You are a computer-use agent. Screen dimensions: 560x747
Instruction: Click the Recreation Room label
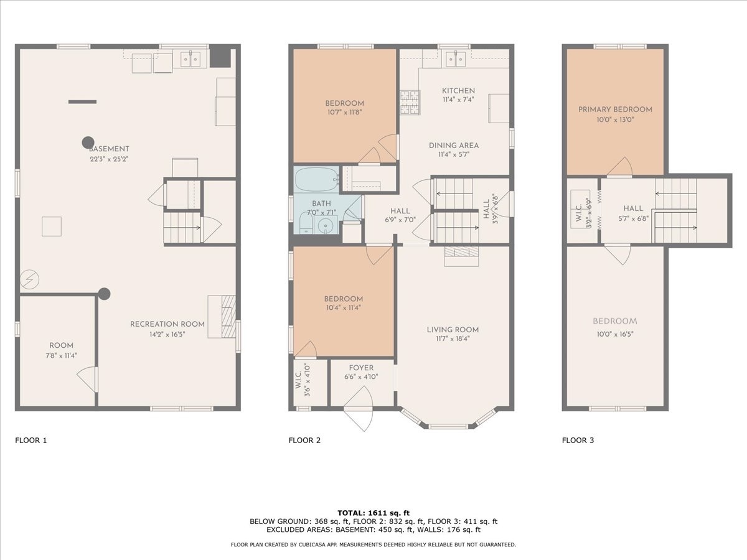click(x=167, y=324)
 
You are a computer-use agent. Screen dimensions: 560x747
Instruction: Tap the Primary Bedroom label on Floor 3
click(x=615, y=110)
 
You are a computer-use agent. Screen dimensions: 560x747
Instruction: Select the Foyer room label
click(x=361, y=368)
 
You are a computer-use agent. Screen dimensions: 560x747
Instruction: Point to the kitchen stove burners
click(x=409, y=103)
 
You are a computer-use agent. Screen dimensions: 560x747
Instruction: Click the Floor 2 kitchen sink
click(x=455, y=59)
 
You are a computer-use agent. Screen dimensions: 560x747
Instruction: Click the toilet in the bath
click(x=305, y=223)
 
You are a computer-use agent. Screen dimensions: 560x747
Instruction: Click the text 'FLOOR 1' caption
click(x=31, y=441)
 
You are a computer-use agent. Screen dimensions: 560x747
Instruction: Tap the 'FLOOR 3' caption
click(x=578, y=441)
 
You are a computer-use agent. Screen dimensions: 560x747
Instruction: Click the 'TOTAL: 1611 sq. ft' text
click(x=374, y=512)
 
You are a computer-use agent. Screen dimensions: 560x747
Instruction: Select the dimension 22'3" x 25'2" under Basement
click(x=109, y=159)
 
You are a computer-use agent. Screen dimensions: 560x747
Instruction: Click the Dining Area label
click(x=453, y=146)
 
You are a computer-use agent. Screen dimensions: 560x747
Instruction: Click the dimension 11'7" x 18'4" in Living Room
click(x=453, y=340)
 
